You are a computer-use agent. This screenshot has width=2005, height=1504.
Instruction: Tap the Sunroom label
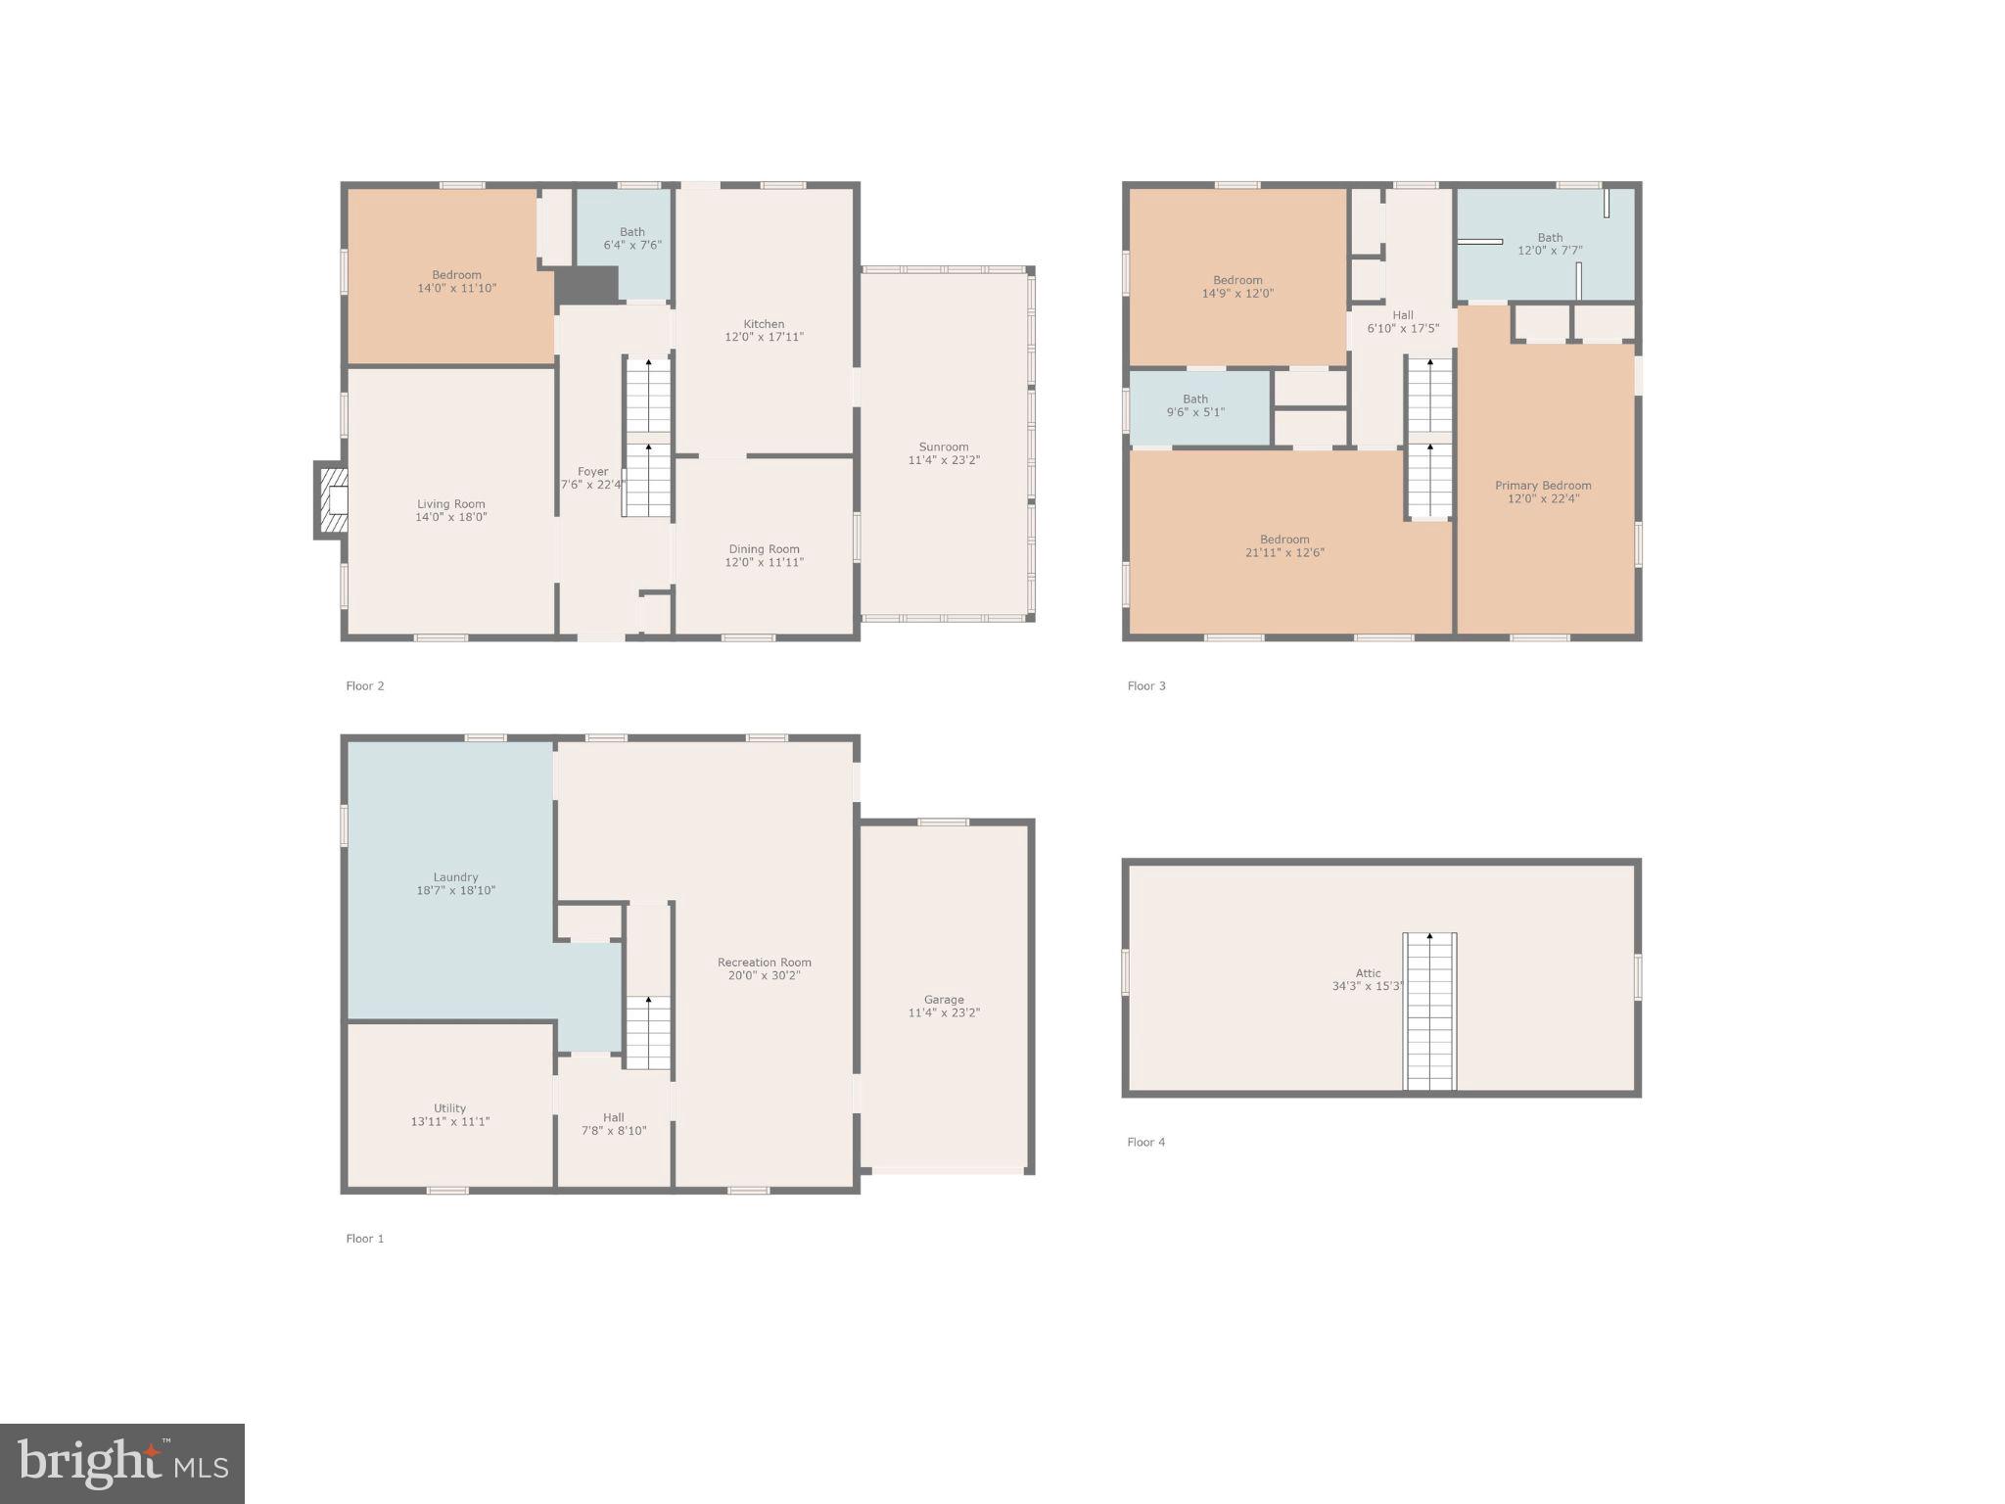pos(944,446)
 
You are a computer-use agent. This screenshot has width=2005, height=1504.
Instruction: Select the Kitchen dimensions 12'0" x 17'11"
pos(764,337)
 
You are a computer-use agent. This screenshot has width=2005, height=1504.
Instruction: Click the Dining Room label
pos(764,549)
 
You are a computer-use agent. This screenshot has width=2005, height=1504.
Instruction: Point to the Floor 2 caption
pos(365,685)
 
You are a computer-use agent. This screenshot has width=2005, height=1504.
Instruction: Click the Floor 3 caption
pos(1146,685)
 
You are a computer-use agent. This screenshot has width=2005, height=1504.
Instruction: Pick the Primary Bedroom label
pos(1543,486)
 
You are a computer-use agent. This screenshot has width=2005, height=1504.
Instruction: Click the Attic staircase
pos(1429,1011)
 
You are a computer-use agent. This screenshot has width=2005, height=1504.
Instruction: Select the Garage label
pos(944,1000)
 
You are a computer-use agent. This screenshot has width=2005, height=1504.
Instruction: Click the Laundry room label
pos(455,877)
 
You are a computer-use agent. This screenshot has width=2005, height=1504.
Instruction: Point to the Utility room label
pos(450,1108)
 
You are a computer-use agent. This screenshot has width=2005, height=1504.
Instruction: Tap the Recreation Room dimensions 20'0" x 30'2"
pos(764,975)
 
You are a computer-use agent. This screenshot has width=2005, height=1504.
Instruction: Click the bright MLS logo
pos(122,1463)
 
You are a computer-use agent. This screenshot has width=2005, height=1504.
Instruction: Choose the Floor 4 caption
pos(1146,1142)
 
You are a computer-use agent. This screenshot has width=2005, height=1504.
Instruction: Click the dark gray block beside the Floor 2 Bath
pos(587,285)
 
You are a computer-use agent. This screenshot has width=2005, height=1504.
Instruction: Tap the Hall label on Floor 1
pos(614,1117)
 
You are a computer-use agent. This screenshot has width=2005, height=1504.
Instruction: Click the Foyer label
pos(592,472)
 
